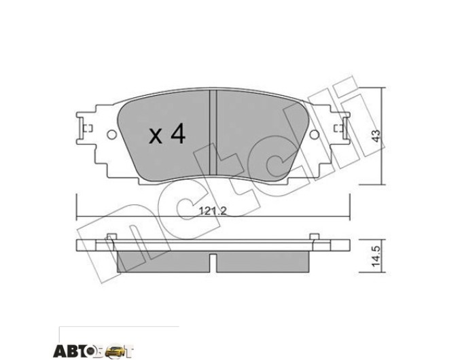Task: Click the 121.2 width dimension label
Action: (213, 211)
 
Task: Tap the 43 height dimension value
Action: (376, 136)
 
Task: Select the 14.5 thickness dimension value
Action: (376, 257)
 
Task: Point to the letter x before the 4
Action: (156, 137)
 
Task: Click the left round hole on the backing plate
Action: (111, 134)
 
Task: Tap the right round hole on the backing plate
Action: (315, 134)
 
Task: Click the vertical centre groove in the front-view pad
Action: (213, 132)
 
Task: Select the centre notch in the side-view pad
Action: (213, 262)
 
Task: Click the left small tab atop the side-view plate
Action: (111, 236)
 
